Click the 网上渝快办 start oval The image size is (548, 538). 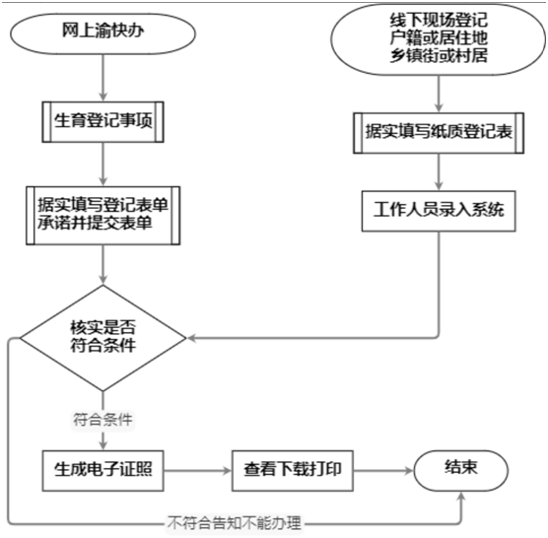coord(103,34)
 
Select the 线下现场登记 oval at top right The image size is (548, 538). coord(439,38)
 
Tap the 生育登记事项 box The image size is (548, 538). coord(103,122)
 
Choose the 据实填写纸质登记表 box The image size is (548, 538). coord(439,133)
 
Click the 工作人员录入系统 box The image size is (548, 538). coord(439,211)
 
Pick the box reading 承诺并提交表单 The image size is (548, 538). coord(103,216)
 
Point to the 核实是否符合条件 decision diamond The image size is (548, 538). coord(103,338)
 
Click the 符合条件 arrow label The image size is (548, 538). coord(103,419)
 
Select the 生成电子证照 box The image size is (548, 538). coord(103,471)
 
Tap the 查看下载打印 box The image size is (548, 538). coord(293,471)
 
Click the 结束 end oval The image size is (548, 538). coord(461,470)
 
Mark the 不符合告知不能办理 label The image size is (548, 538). coord(235,523)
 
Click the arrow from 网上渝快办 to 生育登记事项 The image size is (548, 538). coord(103,78)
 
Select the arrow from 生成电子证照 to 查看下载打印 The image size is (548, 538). coord(198,471)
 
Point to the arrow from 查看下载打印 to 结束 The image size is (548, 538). coord(383,471)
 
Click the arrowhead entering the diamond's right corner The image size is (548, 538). coord(191,338)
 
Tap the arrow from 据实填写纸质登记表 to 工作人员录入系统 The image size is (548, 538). coord(439,171)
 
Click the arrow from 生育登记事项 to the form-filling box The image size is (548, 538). coord(103,165)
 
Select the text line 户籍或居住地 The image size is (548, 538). coord(439,38)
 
